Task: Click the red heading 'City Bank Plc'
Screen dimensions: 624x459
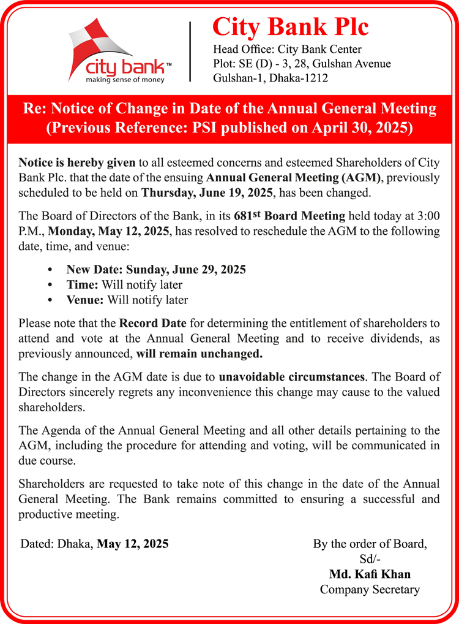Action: [x=290, y=28]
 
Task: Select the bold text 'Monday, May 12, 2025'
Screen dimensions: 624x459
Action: [x=111, y=232]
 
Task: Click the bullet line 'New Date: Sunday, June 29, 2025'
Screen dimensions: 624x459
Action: [x=156, y=270]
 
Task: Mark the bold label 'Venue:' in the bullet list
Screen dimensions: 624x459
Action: [x=85, y=300]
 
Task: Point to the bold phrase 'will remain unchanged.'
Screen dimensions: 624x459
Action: [x=200, y=354]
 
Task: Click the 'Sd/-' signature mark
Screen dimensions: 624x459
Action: [x=370, y=559]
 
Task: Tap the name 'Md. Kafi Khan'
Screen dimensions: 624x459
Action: [x=370, y=574]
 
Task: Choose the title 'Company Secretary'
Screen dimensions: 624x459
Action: [x=370, y=590]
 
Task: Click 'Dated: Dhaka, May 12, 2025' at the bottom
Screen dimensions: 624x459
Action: [x=94, y=544]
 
